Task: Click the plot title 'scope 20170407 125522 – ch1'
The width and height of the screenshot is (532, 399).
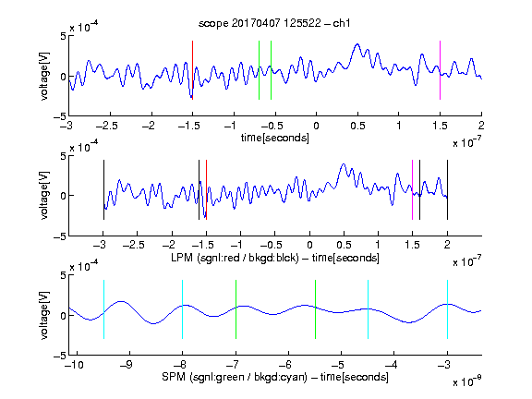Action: [x=274, y=23]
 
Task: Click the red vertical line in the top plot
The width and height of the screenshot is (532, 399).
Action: [x=192, y=70]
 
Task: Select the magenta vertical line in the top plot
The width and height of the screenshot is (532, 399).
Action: [x=440, y=70]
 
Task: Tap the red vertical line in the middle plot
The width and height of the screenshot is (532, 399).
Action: [x=206, y=189]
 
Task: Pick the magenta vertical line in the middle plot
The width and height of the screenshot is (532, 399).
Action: [x=412, y=189]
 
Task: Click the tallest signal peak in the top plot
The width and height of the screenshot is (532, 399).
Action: [x=357, y=44]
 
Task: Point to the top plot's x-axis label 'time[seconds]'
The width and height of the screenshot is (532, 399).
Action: [x=275, y=138]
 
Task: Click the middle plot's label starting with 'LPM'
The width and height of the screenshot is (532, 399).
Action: [x=275, y=258]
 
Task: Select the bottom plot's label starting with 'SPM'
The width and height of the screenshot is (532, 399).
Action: [x=275, y=377]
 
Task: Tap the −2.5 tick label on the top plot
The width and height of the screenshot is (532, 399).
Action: [x=106, y=126]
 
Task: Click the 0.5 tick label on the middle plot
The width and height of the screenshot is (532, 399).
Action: [x=344, y=245]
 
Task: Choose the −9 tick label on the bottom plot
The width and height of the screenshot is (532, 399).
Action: [x=127, y=365]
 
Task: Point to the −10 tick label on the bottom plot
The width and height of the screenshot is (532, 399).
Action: [x=74, y=365]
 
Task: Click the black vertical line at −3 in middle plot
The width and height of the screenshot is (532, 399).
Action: [x=103, y=189]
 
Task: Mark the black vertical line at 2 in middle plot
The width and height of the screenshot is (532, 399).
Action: [x=447, y=189]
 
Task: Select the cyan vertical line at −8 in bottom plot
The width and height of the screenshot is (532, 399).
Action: [x=182, y=309]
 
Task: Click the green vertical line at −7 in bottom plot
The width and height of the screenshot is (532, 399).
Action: [x=236, y=309]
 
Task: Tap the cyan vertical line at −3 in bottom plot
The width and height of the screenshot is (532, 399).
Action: [x=447, y=309]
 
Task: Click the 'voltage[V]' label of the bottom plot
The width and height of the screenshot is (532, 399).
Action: [x=44, y=315]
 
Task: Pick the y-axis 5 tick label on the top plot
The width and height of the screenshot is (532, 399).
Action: [x=64, y=36]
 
